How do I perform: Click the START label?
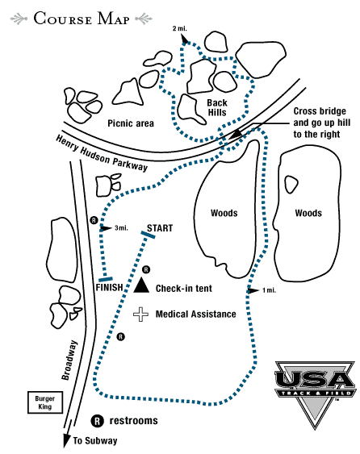pos(160,228)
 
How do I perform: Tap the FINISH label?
pos(109,288)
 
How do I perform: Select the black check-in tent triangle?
pos(141,285)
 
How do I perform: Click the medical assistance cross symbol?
pos(141,314)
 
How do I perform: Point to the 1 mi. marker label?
pos(269,290)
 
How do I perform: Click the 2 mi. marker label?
pos(180,28)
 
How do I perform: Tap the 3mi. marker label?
pos(121,228)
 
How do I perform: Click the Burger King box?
pos(45,402)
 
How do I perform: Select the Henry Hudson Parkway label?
pos(102,153)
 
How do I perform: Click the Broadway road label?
pos(69,360)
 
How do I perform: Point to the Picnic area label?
pos(131,123)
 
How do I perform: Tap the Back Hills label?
pos(217,107)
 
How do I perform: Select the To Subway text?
pos(95,440)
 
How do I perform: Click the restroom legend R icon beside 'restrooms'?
pos(98,421)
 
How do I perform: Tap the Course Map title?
pos(82,19)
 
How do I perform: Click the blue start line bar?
pos(148,235)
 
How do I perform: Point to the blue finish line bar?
pos(106,279)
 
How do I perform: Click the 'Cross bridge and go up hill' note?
pos(322,123)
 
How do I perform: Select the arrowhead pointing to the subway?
pos(67,440)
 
